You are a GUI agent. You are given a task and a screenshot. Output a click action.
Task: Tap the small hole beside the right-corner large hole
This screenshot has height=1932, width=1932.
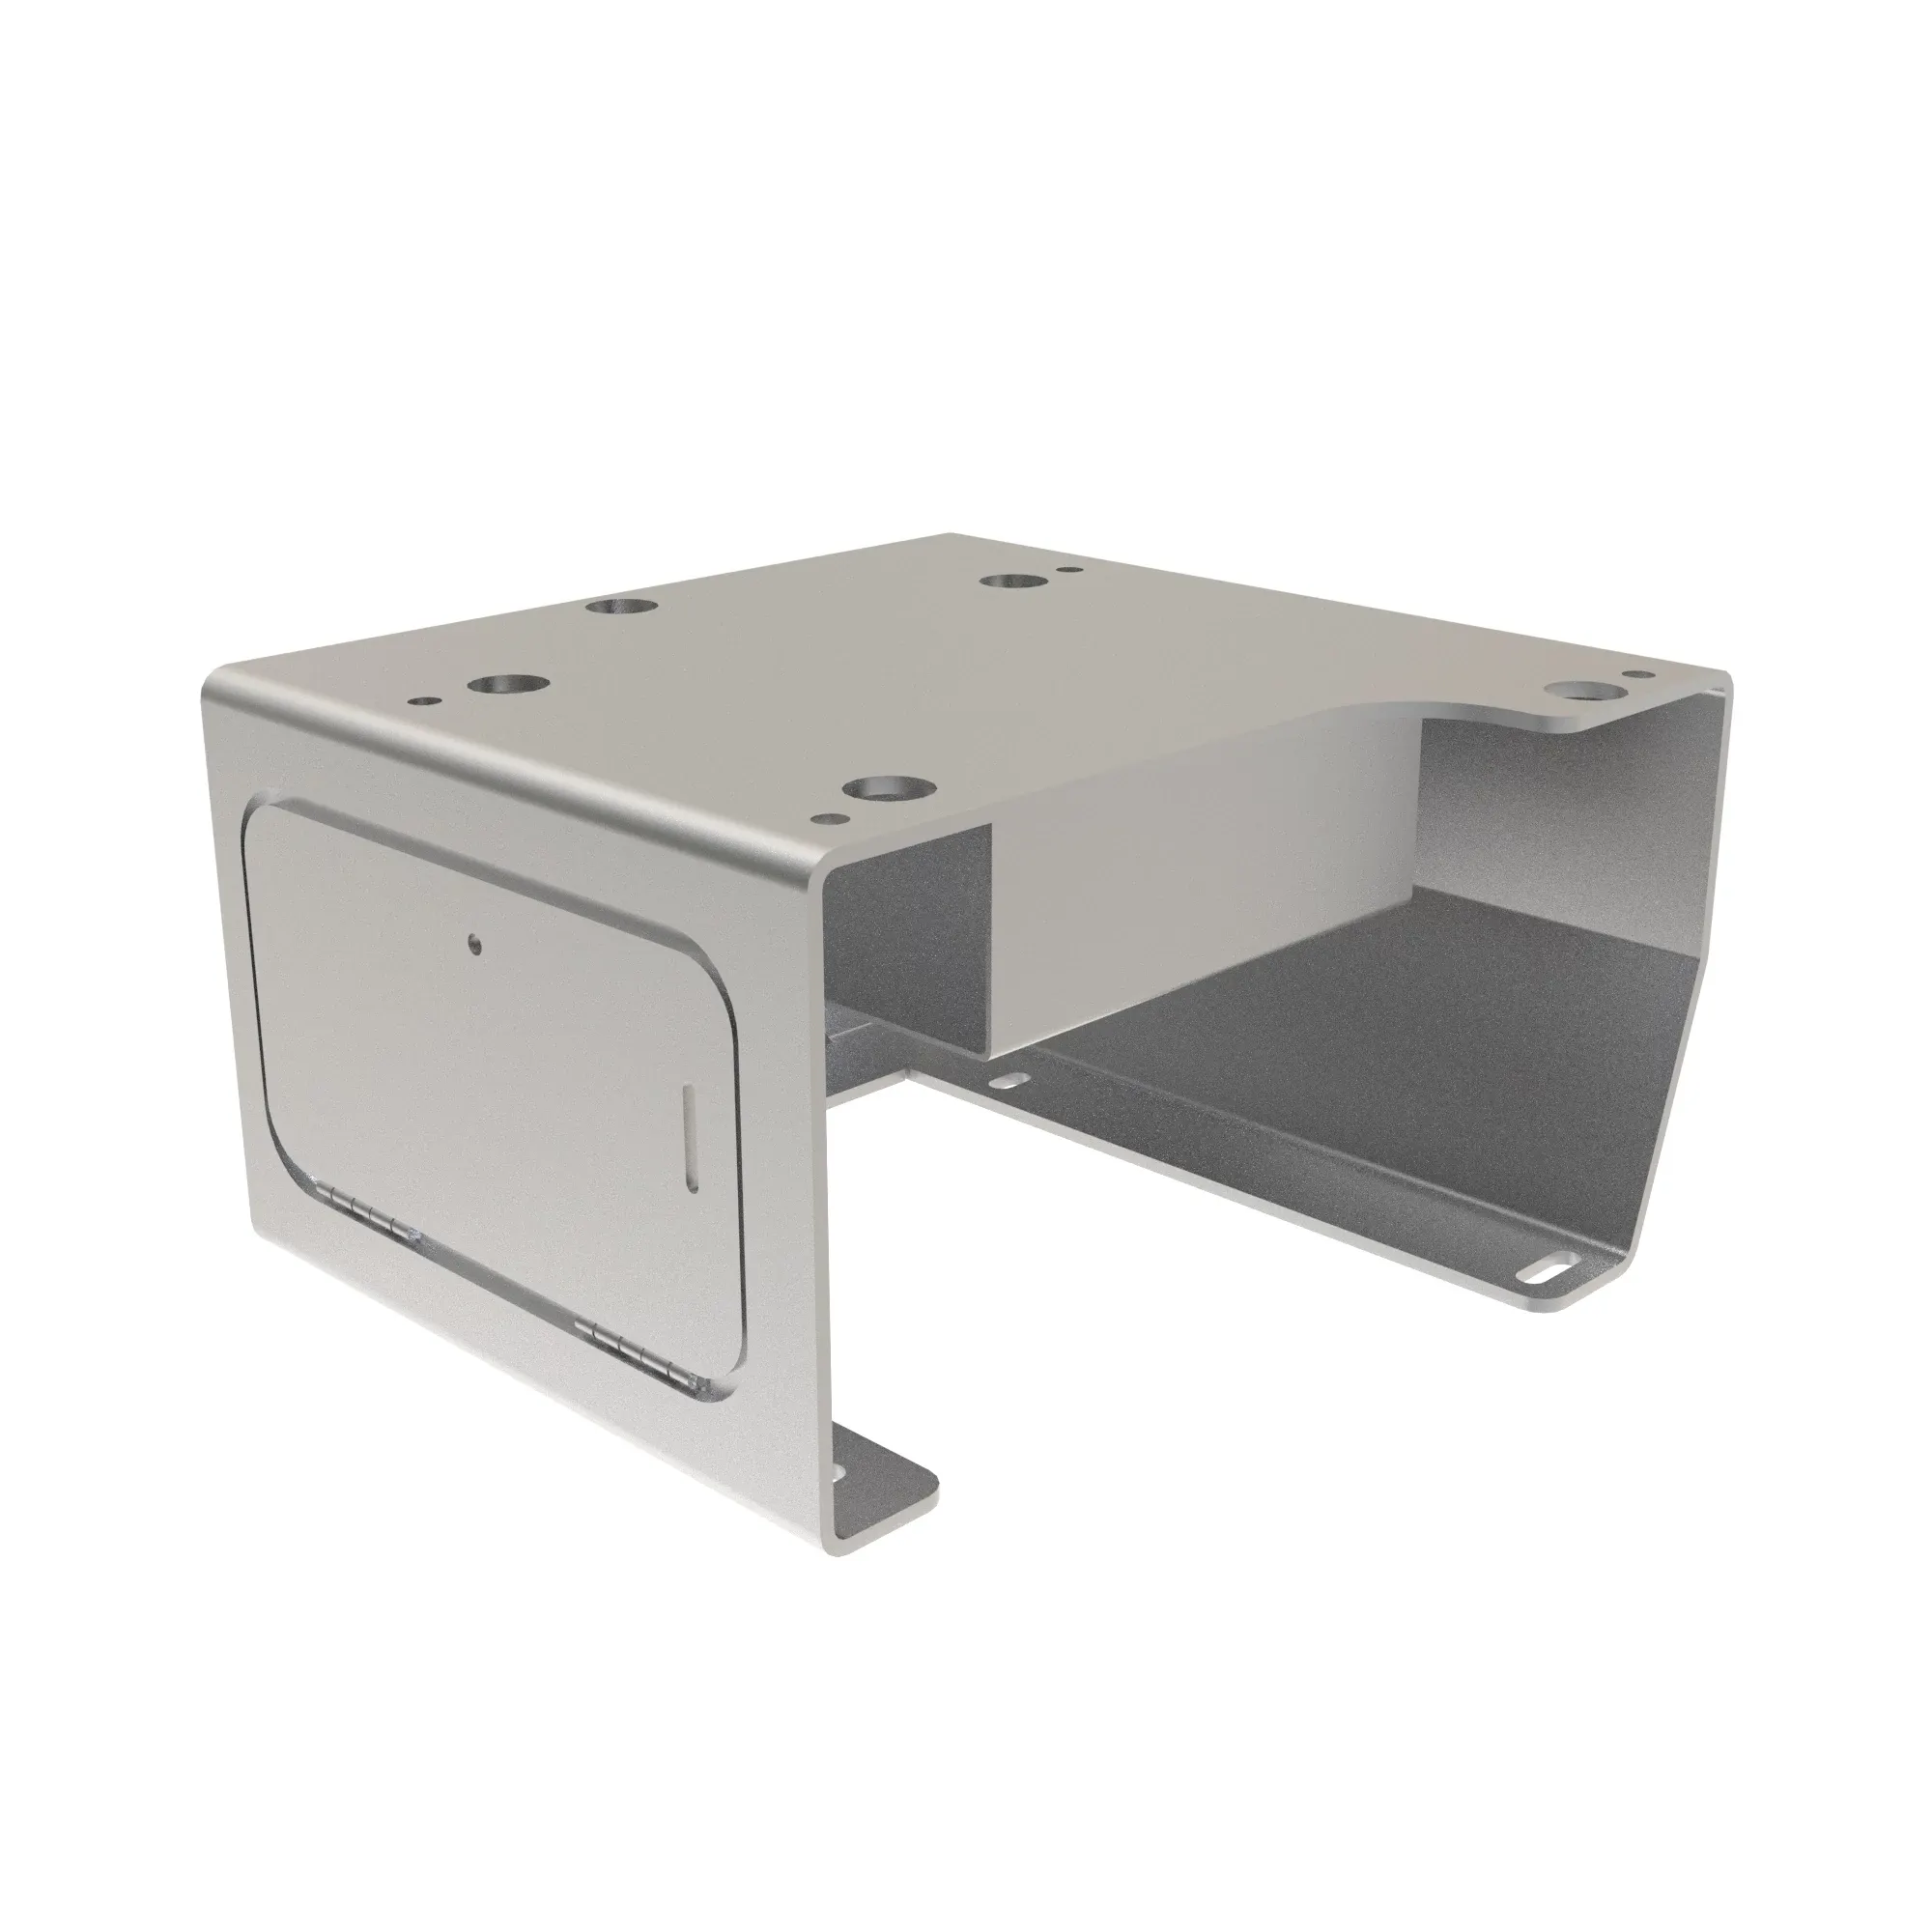(1637, 675)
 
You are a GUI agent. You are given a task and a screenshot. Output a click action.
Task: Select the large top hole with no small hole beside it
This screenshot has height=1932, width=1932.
(616, 606)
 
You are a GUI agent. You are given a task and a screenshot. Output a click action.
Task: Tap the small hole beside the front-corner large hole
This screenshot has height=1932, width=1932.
(827, 818)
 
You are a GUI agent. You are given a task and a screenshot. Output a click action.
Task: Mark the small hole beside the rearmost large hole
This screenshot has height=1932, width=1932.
(1072, 573)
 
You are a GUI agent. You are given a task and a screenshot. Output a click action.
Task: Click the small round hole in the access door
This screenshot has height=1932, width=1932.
(473, 942)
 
